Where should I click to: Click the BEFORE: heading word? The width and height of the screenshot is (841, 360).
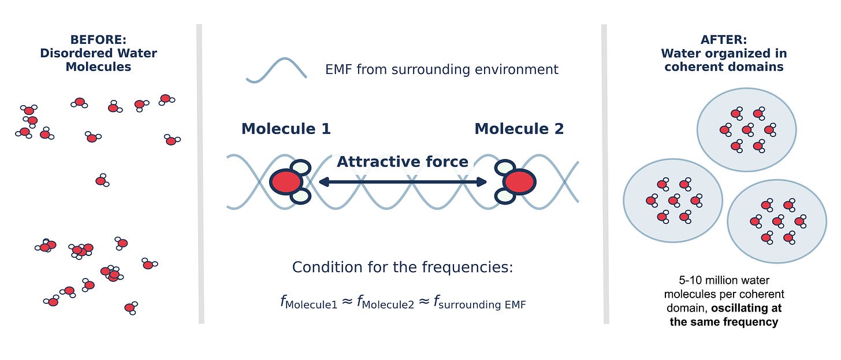click(98, 40)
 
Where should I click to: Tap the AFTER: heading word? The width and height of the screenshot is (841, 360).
click(724, 40)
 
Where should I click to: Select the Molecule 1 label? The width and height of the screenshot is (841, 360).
click(286, 129)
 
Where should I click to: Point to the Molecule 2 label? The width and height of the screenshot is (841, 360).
click(519, 129)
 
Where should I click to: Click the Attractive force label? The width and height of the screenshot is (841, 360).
click(402, 162)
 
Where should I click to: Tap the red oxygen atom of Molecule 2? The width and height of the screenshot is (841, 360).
click(519, 182)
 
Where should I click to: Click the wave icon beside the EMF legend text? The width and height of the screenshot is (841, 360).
click(276, 70)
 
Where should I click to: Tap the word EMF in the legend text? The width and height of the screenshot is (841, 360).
click(339, 70)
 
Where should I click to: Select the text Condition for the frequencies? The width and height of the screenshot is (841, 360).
click(403, 268)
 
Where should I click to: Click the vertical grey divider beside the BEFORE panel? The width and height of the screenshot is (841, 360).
click(201, 173)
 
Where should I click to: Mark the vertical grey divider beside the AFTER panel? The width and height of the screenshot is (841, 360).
click(605, 173)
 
